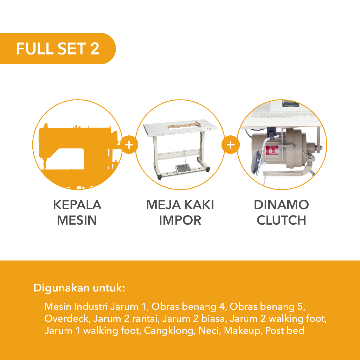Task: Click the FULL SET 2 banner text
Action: pyautogui.click(x=57, y=49)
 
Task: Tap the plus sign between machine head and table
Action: pyautogui.click(x=129, y=144)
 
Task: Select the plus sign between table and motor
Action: pyautogui.click(x=231, y=144)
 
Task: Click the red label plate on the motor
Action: pyautogui.click(x=272, y=151)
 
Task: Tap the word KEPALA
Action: pyautogui.click(x=77, y=205)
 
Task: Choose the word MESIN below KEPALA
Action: pyautogui.click(x=77, y=220)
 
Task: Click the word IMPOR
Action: pyautogui.click(x=180, y=220)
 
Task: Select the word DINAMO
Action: pyautogui.click(x=281, y=205)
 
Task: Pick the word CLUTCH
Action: pyautogui.click(x=281, y=220)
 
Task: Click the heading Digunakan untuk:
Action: pyautogui.click(x=79, y=288)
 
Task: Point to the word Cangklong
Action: pyautogui.click(x=169, y=330)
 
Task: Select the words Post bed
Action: pyautogui.click(x=285, y=330)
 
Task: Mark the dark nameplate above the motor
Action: pyautogui.click(x=290, y=104)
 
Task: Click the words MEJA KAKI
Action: pyautogui.click(x=180, y=205)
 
